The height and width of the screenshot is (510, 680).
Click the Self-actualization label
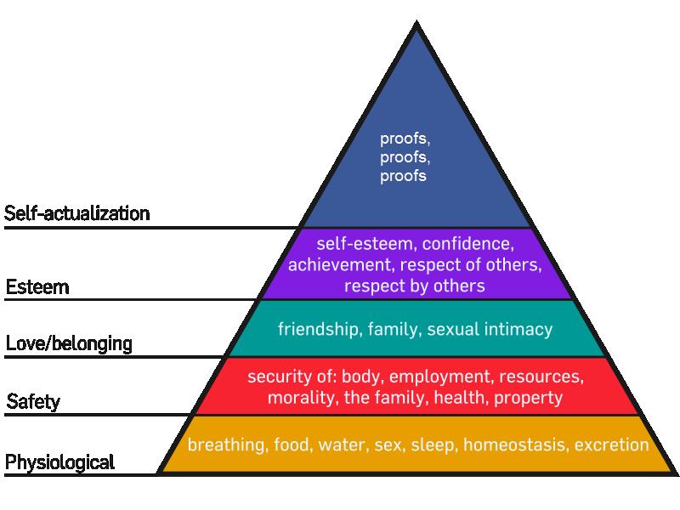pos(77,214)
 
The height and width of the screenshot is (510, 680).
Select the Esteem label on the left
pos(37,287)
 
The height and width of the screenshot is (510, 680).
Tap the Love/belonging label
pos(69,344)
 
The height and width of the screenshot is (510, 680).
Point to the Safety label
pos(33,401)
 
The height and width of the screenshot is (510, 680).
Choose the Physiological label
pos(59,462)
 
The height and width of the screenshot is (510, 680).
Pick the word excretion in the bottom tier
pos(611,445)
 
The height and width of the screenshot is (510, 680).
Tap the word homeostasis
pos(515,445)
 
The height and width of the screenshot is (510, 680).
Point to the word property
pos(528,398)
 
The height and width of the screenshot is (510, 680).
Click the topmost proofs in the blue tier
pos(405,139)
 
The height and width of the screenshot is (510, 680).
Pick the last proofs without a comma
pos(403,177)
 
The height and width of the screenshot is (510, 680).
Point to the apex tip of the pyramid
pos(416,20)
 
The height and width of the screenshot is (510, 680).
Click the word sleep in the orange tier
pos(434,445)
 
